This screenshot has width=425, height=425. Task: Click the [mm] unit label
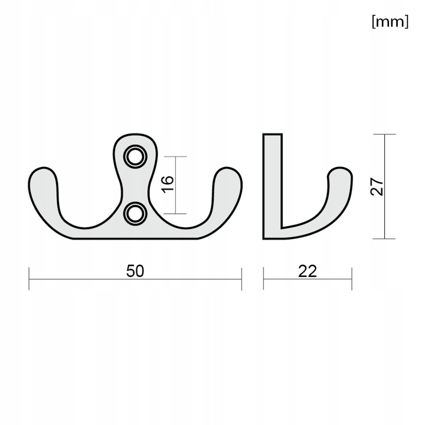(x=390, y=21)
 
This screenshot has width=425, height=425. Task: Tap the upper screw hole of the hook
(x=135, y=156)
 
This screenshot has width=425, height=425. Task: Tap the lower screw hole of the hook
(x=135, y=214)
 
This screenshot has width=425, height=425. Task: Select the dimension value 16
(x=168, y=185)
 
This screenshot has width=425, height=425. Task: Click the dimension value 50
(x=135, y=271)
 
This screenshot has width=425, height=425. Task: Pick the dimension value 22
(x=308, y=271)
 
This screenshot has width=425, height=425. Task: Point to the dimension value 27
(x=377, y=187)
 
